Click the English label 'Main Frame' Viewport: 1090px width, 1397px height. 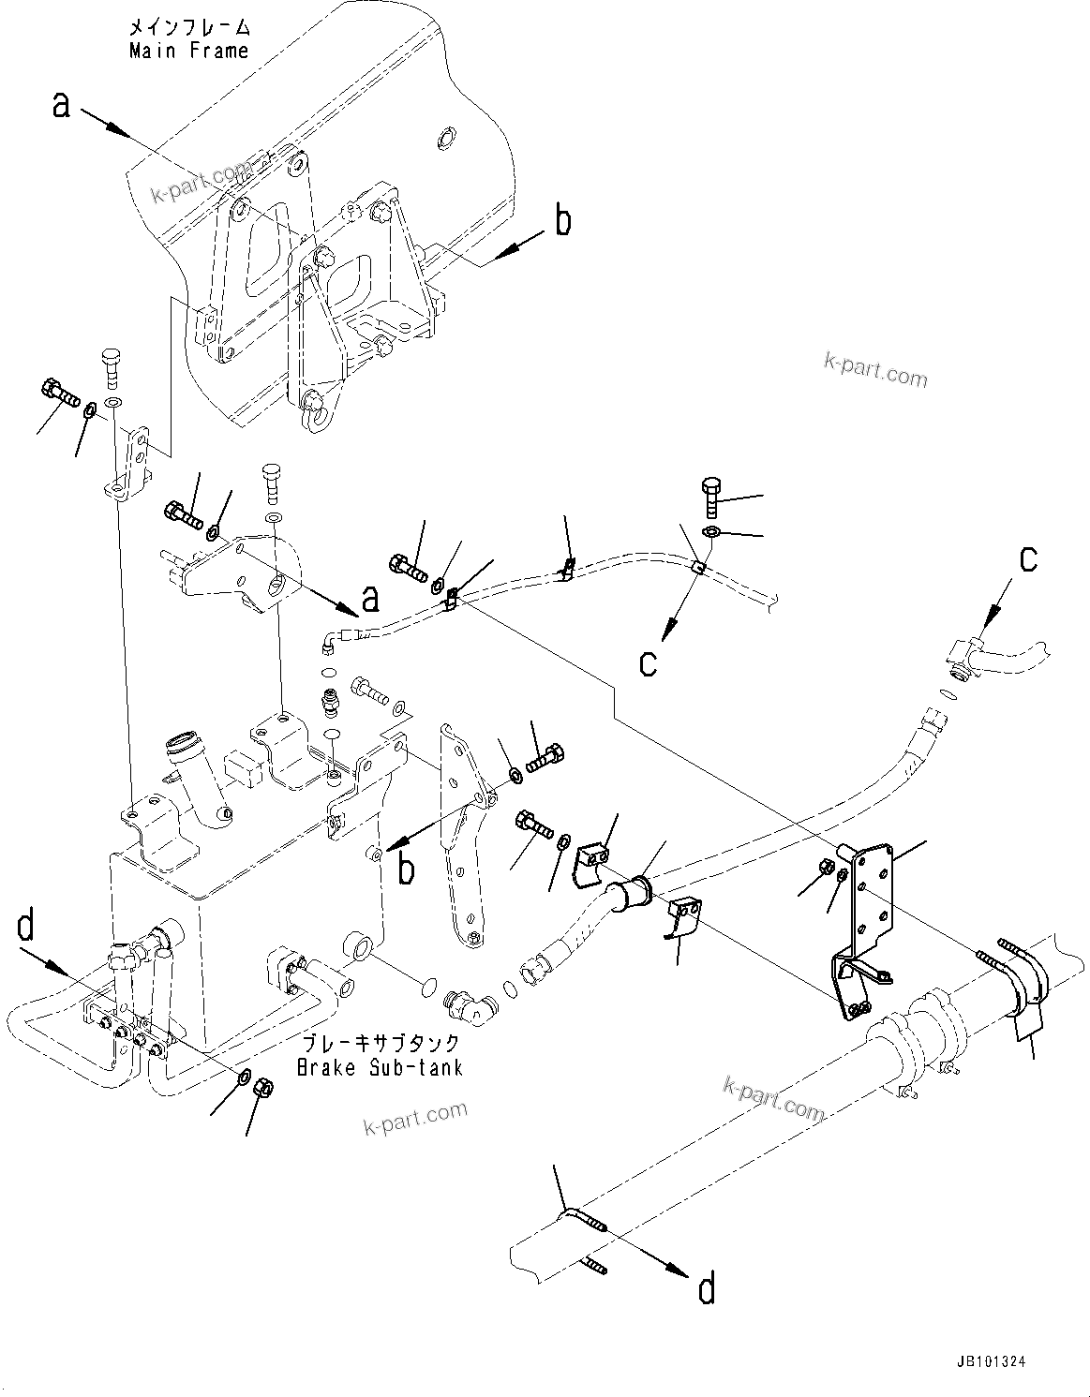(x=189, y=51)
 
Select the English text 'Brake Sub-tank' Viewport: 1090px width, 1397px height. (x=380, y=1067)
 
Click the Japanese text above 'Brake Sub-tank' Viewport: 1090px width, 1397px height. (x=380, y=1043)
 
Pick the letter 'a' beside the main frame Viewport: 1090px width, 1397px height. (x=62, y=106)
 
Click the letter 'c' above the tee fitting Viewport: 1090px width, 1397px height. (x=1028, y=559)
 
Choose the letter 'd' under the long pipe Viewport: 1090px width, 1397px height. (x=707, y=1289)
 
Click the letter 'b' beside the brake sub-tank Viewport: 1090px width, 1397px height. (x=407, y=869)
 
